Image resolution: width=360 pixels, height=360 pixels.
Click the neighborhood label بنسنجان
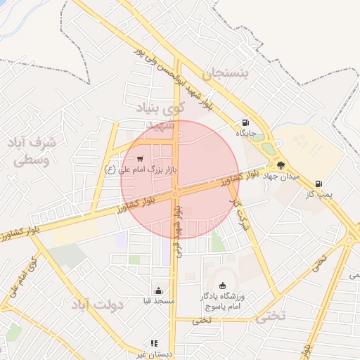click(226, 73)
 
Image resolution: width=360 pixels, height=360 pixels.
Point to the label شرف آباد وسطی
click(34, 151)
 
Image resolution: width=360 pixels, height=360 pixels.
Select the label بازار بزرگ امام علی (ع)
click(138, 169)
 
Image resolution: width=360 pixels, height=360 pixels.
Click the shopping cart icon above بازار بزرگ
click(141, 158)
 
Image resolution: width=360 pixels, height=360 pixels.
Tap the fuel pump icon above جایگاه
click(245, 121)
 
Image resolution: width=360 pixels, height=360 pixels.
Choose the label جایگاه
click(245, 132)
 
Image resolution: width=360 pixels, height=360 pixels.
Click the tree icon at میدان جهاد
click(281, 165)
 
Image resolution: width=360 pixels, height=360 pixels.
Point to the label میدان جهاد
click(281, 176)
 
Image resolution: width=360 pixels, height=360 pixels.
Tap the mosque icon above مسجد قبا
click(158, 290)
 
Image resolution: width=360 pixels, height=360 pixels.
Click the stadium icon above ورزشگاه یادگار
click(224, 285)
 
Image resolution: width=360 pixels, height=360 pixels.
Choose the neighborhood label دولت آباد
click(97, 305)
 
